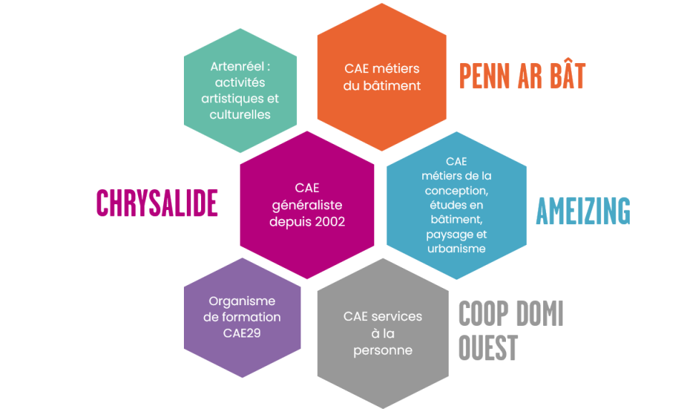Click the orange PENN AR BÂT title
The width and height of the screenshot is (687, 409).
click(522, 76)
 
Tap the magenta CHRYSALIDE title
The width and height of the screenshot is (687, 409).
click(157, 203)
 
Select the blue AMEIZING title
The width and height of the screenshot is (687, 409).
click(583, 211)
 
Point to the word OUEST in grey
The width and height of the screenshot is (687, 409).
click(487, 348)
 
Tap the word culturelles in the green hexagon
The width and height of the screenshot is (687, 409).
click(240, 114)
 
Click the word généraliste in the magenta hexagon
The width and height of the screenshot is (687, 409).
click(307, 205)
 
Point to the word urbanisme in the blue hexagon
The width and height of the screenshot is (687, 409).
click(456, 249)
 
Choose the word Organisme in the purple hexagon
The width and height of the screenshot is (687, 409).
click(242, 302)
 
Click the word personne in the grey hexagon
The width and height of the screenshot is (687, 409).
click(383, 350)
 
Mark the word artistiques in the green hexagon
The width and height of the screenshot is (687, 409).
click(230, 98)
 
